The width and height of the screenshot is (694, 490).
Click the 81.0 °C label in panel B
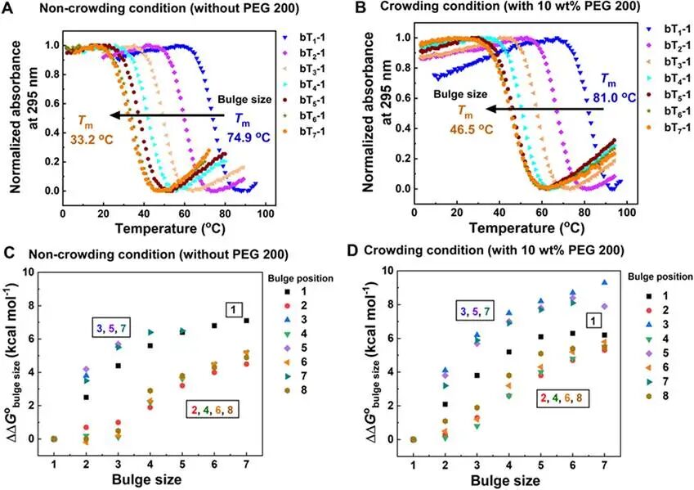(607, 102)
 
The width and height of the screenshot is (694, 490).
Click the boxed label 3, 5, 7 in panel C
(120, 328)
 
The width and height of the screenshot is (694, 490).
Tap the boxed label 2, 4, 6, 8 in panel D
(564, 398)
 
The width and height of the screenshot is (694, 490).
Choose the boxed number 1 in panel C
(235, 309)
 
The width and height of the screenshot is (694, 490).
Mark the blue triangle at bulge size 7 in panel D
(605, 282)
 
